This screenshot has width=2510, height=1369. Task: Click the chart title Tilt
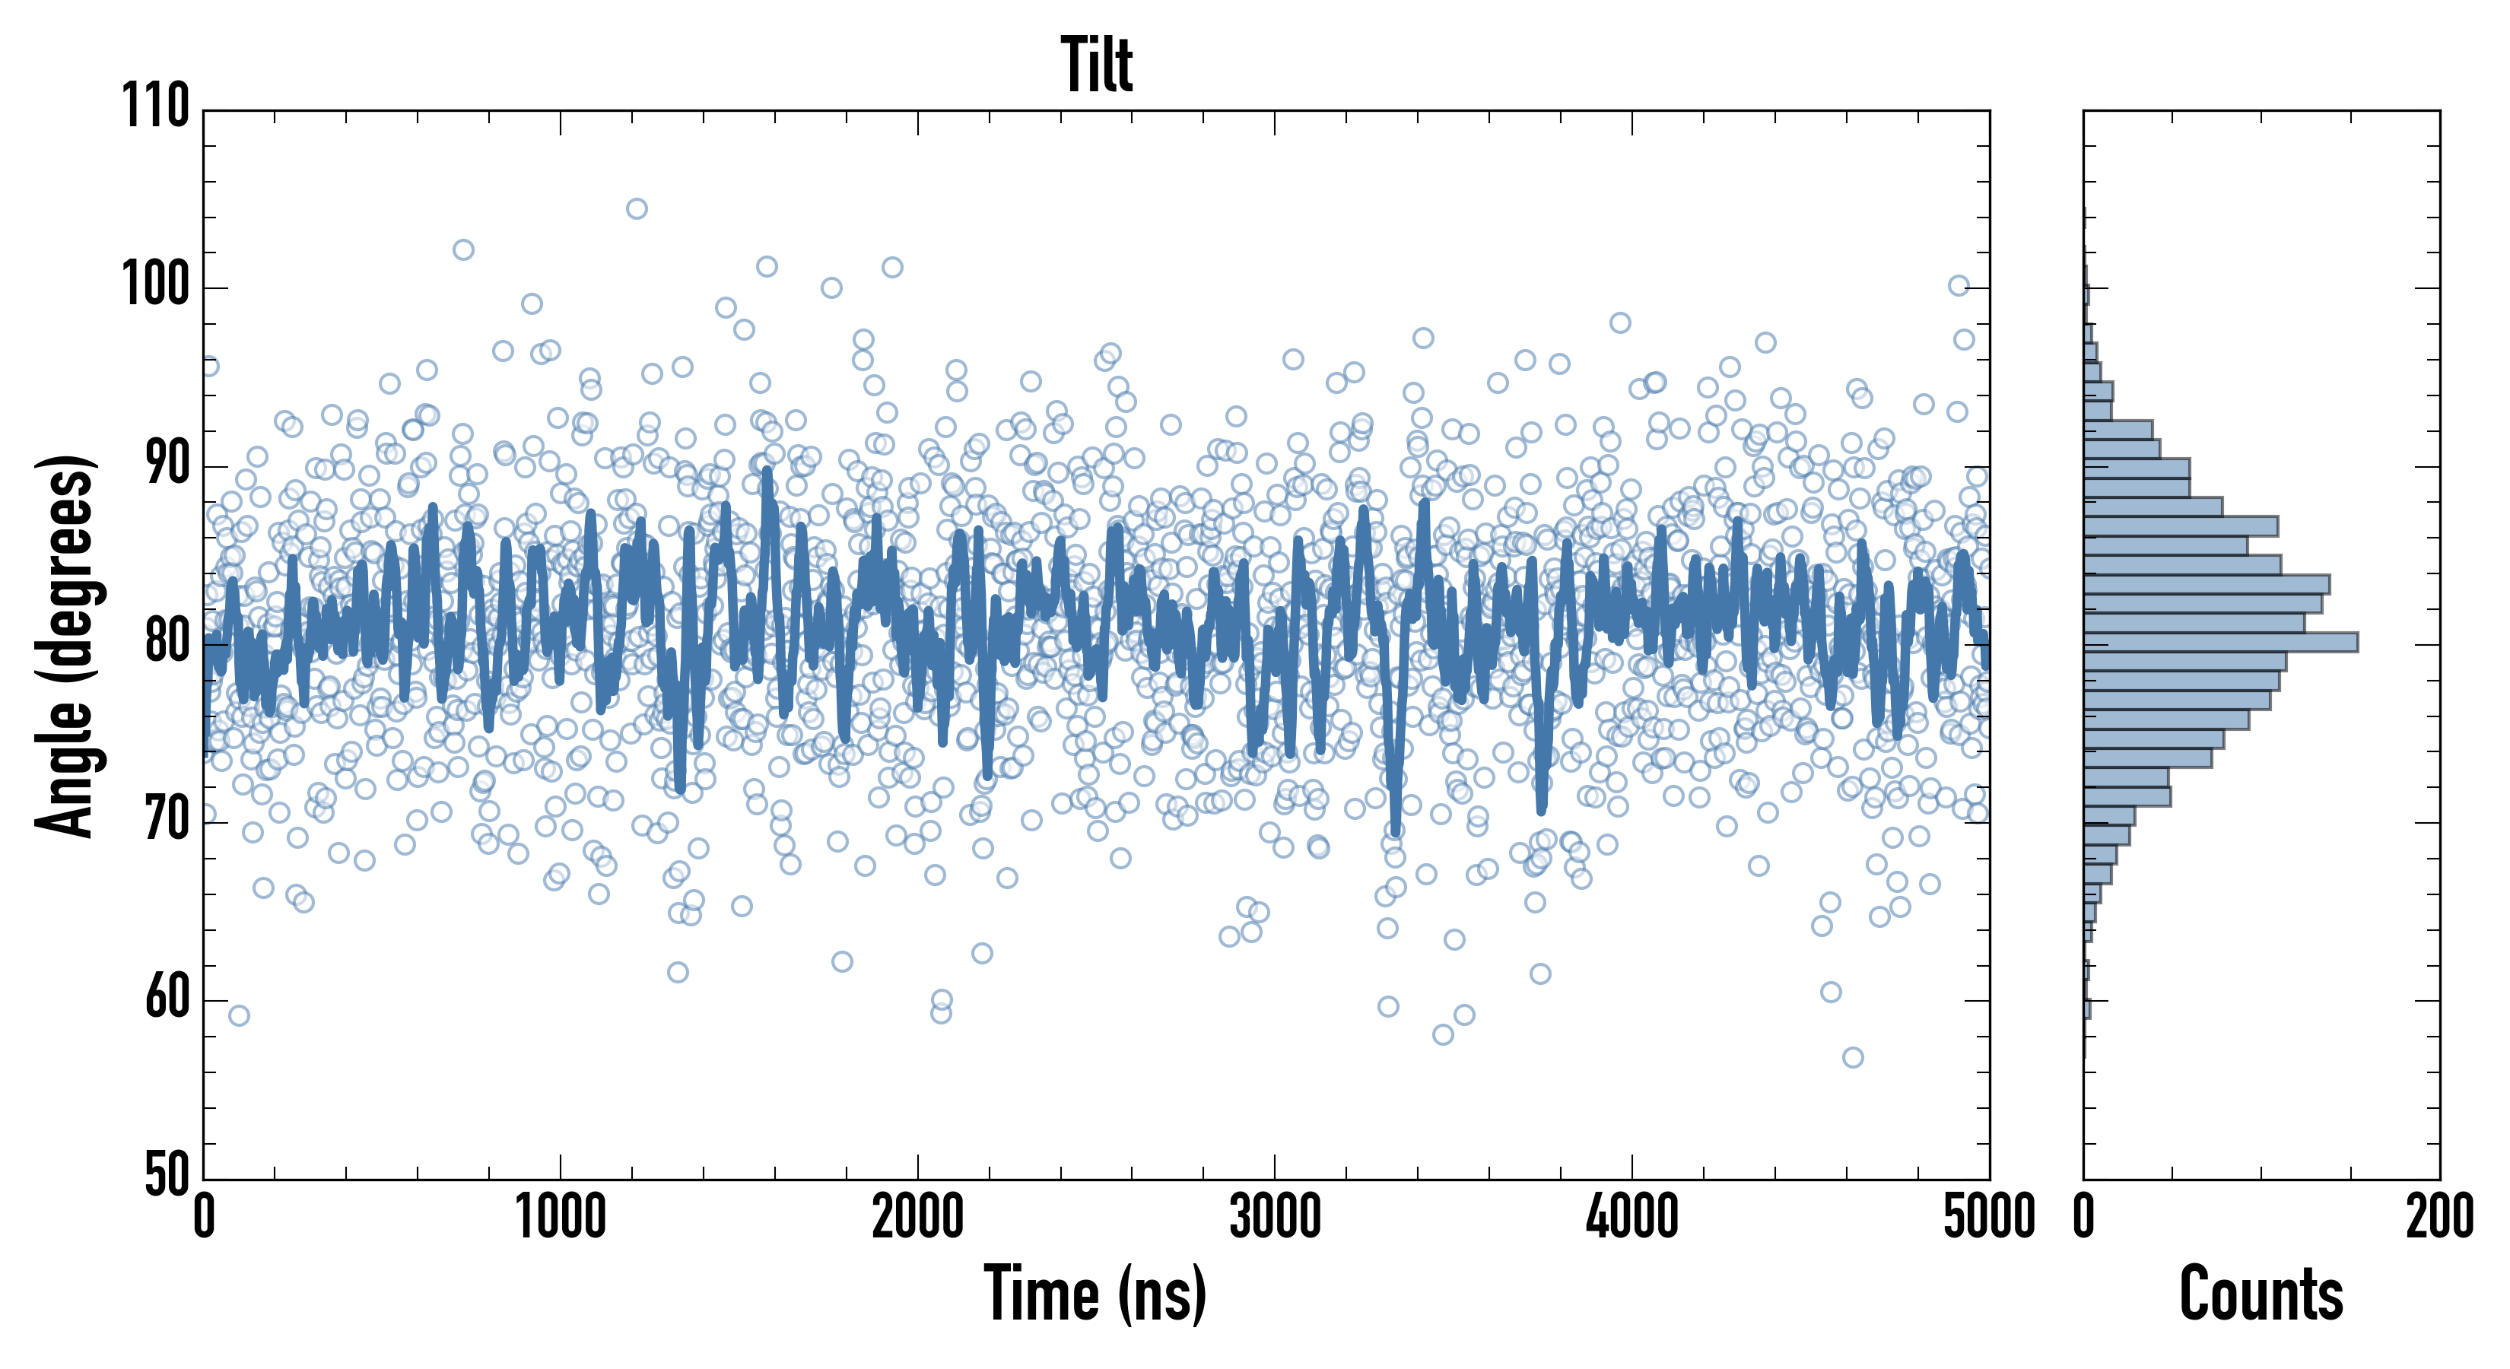coord(1097,65)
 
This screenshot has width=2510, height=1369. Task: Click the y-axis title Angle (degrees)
coord(66,644)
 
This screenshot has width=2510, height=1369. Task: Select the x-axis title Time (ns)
coord(1095,1294)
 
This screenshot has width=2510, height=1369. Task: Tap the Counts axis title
coord(2261,1294)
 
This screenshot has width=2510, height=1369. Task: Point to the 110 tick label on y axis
coord(156,106)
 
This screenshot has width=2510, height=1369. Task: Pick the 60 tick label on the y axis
coord(167,998)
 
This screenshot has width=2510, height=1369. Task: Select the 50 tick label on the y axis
coord(167,1175)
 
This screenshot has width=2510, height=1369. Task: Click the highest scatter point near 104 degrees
coord(637,208)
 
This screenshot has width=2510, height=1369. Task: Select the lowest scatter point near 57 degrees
coord(1852,1057)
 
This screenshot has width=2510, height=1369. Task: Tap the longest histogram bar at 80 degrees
coord(2221,642)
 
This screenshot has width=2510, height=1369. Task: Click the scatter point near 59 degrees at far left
coord(239,1015)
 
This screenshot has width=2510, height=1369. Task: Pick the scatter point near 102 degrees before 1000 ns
coord(463,249)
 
